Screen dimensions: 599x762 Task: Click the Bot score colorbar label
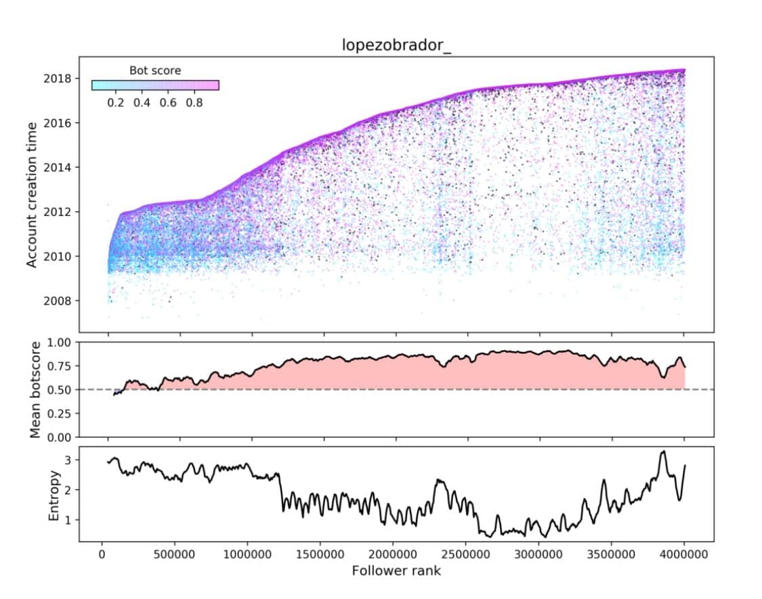pos(155,70)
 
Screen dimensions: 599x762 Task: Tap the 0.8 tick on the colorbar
pos(194,103)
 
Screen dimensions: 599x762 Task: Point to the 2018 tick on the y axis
pos(57,79)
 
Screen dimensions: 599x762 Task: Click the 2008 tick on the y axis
pos(57,301)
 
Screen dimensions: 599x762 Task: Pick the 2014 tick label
pos(57,167)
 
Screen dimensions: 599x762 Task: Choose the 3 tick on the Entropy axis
pos(68,460)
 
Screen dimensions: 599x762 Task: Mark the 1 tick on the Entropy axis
pos(68,520)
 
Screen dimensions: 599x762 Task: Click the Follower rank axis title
pos(396,571)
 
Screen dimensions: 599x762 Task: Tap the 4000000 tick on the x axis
pos(683,554)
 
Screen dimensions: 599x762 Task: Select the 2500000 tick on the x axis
pos(467,554)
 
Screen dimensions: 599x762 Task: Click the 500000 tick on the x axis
pos(179,554)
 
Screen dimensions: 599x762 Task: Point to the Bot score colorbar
pos(155,85)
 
